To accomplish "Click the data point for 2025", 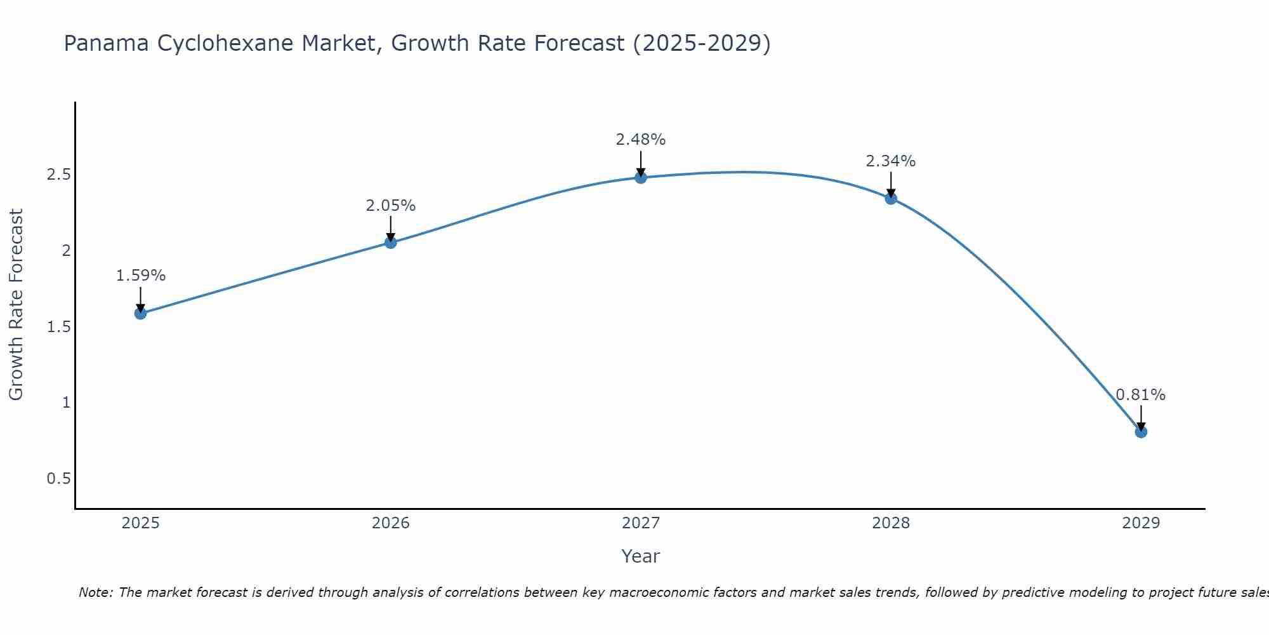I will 140,313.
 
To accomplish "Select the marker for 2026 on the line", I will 390,243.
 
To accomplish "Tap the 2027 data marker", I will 640,178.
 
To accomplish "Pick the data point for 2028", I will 890,198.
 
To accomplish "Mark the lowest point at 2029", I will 1140,432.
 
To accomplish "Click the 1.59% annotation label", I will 140,276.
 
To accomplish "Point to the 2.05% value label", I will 390,206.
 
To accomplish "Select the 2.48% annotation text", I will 640,140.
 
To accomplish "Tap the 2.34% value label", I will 890,161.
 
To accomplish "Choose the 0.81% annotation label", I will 1140,395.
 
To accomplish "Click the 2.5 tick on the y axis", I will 58,175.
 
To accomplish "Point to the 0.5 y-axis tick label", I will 58,479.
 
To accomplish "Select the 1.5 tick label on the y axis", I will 58,327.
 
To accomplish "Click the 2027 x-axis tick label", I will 640,523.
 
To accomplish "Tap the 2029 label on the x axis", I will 1140,523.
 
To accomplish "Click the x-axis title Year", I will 640,556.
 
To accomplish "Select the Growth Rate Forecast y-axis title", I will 16,305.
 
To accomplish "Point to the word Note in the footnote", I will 95,592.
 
